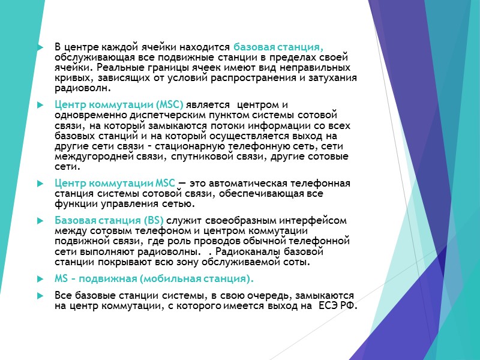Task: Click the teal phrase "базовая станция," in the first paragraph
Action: pos(278,47)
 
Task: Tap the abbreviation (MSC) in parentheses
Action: pos(169,105)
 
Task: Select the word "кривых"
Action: pos(68,78)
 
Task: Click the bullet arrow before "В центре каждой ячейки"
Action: pos(40,47)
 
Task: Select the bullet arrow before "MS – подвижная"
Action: pos(40,279)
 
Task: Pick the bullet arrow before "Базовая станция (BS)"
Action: pos(40,220)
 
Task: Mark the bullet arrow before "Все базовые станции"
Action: pos(40,296)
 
